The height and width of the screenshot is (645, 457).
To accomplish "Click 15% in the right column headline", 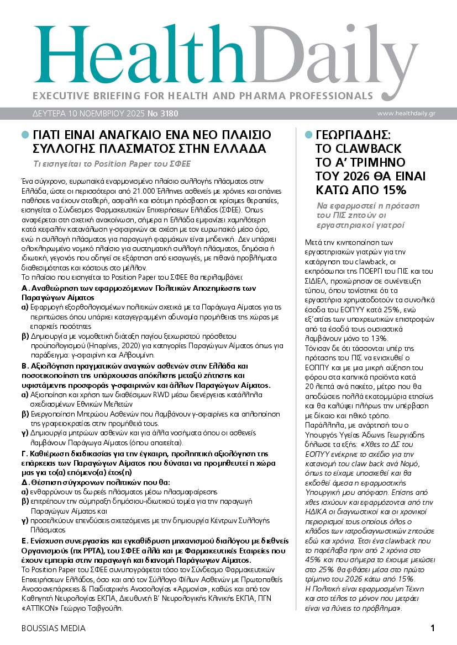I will coord(393,190).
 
